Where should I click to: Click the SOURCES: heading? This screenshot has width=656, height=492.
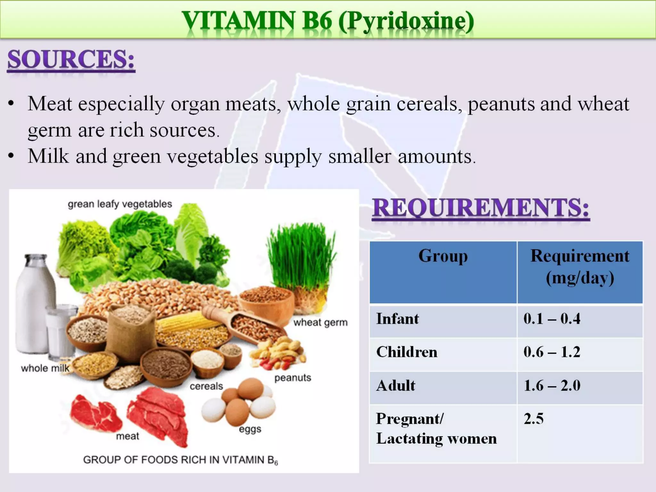pyautogui.click(x=71, y=60)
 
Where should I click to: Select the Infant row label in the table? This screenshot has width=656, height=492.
pyautogui.click(x=397, y=319)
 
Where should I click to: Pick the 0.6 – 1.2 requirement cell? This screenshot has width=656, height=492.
pyautogui.click(x=552, y=352)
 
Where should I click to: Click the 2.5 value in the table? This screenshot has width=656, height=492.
pyautogui.click(x=534, y=419)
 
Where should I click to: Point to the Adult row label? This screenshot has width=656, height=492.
pyautogui.click(x=396, y=385)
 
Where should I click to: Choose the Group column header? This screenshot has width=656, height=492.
pyautogui.click(x=443, y=256)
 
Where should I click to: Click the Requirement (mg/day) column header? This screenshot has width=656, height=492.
pyautogui.click(x=580, y=266)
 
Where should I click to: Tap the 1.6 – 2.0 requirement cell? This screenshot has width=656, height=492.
pyautogui.click(x=552, y=385)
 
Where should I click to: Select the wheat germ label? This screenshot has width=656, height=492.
pyautogui.click(x=320, y=322)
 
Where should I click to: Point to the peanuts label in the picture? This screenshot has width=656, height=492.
pyautogui.click(x=293, y=378)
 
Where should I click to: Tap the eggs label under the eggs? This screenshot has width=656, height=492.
pyautogui.click(x=250, y=429)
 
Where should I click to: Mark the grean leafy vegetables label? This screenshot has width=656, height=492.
pyautogui.click(x=120, y=204)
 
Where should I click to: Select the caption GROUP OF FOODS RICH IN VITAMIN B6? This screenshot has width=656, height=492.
pyautogui.click(x=180, y=460)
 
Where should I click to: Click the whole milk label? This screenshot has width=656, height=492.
pyautogui.click(x=45, y=368)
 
